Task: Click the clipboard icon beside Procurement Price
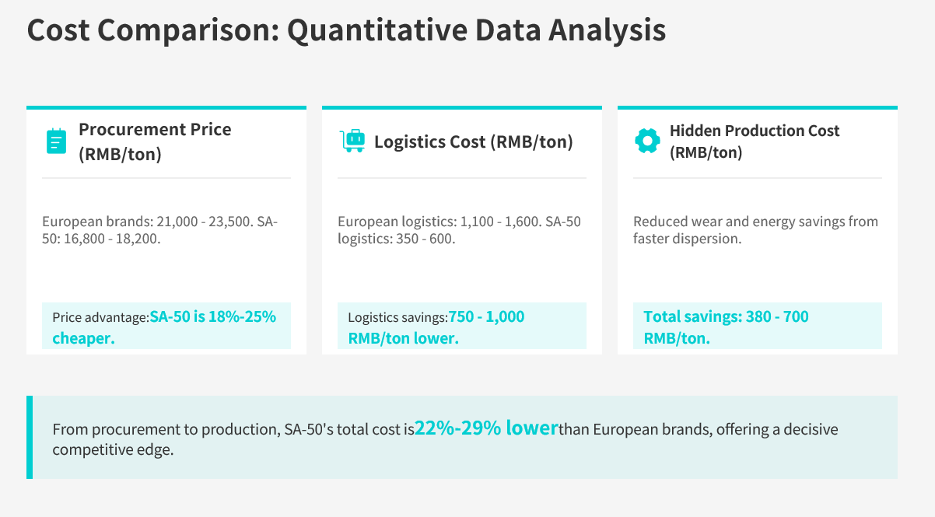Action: click(x=56, y=141)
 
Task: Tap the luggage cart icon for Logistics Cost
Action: click(x=352, y=141)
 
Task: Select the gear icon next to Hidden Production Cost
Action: click(x=647, y=141)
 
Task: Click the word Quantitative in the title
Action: click(x=377, y=30)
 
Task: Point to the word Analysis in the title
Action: click(x=607, y=30)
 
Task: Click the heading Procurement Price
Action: click(x=155, y=129)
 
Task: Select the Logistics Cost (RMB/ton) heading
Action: click(x=474, y=141)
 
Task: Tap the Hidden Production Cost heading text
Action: click(x=755, y=131)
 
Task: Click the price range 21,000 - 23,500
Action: click(x=204, y=221)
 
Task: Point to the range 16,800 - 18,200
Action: click(x=111, y=239)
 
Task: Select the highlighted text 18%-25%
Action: click(x=242, y=316)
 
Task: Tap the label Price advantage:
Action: click(x=100, y=317)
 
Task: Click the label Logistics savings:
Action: click(x=397, y=317)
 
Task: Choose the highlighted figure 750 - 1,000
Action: click(x=486, y=316)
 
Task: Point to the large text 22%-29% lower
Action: click(x=486, y=428)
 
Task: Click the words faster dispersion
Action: click(x=687, y=239)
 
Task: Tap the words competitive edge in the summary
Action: click(x=113, y=450)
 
